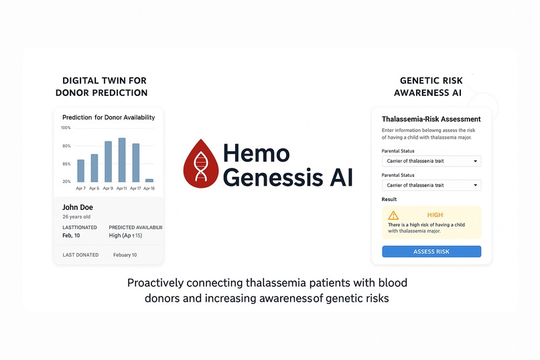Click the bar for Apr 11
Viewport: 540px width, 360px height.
coord(122,160)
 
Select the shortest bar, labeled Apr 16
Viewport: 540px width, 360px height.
coord(149,180)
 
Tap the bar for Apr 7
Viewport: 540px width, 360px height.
coord(81,171)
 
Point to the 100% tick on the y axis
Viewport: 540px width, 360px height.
coord(66,127)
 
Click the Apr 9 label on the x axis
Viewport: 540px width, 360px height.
coord(108,188)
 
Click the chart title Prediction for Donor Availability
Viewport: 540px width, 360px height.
coord(108,117)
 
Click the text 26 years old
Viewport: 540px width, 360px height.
coord(76,217)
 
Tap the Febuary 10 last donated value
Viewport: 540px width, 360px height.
coord(125,255)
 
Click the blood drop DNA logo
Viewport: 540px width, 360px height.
coord(200,162)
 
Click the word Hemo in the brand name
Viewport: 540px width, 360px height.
coord(257,154)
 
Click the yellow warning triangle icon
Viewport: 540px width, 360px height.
coord(393,215)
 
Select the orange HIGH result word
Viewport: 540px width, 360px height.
coord(435,215)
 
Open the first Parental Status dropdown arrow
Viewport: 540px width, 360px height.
coord(475,161)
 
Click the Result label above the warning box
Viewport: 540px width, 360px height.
coord(389,199)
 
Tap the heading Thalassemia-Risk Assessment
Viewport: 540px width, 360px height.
coord(431,119)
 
